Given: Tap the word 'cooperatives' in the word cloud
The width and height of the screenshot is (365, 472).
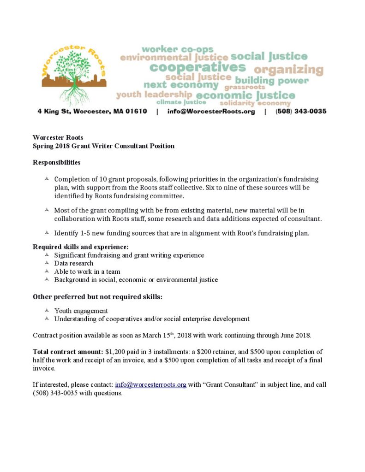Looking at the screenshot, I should tap(197, 67).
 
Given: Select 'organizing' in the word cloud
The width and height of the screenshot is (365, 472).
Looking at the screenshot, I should tap(289, 70).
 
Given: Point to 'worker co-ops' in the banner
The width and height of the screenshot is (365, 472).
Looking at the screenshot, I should tap(178, 49).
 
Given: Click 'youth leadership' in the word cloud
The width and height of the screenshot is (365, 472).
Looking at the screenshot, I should tap(154, 94).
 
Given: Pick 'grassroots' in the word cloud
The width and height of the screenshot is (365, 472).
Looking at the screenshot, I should tap(245, 87).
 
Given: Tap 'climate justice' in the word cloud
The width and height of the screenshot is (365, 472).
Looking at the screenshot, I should tap(181, 102).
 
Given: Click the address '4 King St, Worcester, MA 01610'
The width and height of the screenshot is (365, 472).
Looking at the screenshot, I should tap(92, 112).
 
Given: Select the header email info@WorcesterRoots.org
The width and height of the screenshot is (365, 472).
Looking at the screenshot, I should tap(211, 112).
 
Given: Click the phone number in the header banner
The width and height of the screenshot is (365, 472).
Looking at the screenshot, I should tap(301, 112).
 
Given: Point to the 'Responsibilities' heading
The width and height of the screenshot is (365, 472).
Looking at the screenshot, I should tap(57, 162).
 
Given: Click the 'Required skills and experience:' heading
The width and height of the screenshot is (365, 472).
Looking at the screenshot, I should tap(81, 247).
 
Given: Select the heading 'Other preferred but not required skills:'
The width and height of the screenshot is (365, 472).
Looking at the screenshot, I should tap(97, 297).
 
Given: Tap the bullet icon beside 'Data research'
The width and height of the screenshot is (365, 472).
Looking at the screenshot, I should tap(47, 263).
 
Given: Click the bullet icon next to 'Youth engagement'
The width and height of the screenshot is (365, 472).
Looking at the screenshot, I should tap(47, 311).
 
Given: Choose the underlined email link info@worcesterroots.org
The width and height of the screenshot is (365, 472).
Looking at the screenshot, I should tap(150, 384).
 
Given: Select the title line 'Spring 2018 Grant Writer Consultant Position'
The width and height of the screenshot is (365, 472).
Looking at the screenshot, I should tap(104, 146).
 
